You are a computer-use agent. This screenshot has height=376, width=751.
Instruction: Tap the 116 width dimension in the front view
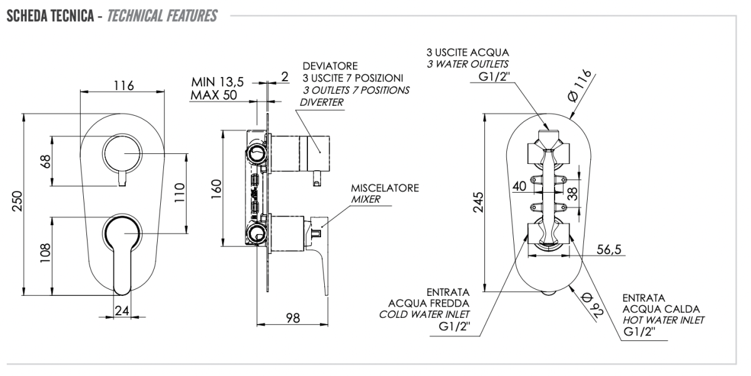click(124, 85)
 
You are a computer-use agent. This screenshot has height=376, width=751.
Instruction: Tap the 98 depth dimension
click(292, 317)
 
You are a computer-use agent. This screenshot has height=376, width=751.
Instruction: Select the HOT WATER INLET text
click(663, 320)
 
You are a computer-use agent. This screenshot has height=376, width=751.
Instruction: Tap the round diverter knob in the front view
click(123, 152)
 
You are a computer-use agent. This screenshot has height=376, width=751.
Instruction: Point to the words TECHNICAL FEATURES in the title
click(163, 16)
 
